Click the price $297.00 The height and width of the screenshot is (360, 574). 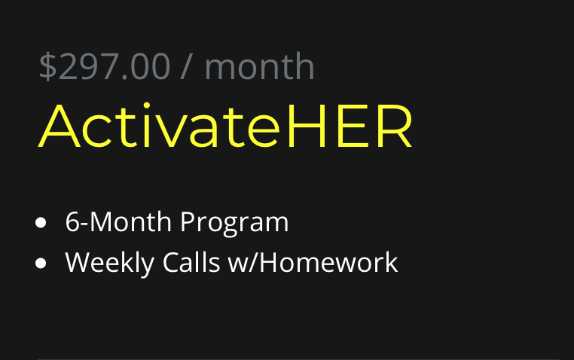coord(105,66)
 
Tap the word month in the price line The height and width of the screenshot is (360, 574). coord(260,66)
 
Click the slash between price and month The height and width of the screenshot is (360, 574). coord(186,66)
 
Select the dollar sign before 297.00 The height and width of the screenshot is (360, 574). coord(47,66)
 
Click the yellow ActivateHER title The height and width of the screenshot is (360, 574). coord(225,125)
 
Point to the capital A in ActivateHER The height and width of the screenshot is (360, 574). coord(60,126)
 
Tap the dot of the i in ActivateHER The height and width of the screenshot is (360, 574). coord(147,105)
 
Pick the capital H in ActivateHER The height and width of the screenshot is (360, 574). coord(307,126)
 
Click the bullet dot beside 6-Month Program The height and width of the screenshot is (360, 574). coord(41,222)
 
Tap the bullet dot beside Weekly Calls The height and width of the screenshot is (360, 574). coord(41,263)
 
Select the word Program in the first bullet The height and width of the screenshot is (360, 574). coord(234,223)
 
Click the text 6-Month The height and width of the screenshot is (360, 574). coord(118,221)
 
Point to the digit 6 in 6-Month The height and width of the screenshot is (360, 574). coord(72,221)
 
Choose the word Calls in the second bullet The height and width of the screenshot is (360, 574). coord(191,262)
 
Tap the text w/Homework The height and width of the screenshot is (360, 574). coord(313,262)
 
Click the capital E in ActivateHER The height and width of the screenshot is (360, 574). coord(352,126)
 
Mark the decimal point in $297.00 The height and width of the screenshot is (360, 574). coord(124,77)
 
